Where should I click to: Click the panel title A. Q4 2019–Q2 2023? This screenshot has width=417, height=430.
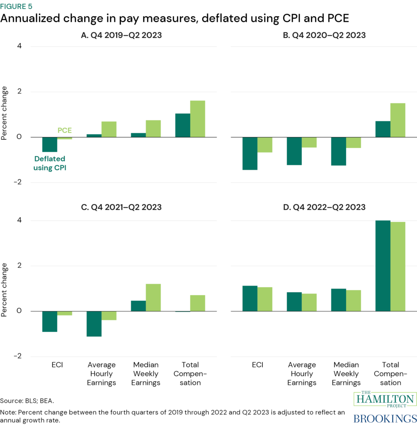click(x=121, y=36)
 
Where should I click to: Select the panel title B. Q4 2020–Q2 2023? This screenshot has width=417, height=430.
click(x=324, y=36)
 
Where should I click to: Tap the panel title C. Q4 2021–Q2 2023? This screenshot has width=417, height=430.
click(x=121, y=207)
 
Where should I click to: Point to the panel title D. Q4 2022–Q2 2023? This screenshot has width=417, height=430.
click(x=324, y=207)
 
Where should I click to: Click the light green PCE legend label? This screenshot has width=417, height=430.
click(x=64, y=131)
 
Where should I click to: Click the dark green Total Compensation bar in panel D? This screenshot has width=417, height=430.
click(x=383, y=265)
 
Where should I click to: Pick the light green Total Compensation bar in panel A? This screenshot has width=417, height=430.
click(x=197, y=119)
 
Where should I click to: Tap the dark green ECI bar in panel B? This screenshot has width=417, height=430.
click(x=250, y=153)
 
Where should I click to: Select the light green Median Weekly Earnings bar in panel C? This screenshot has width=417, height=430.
click(x=153, y=297)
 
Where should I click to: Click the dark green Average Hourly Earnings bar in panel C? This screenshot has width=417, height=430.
click(x=94, y=324)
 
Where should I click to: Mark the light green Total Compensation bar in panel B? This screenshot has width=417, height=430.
click(x=398, y=120)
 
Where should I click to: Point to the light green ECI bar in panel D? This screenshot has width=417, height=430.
click(x=265, y=299)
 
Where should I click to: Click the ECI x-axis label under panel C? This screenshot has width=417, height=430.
click(x=57, y=365)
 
